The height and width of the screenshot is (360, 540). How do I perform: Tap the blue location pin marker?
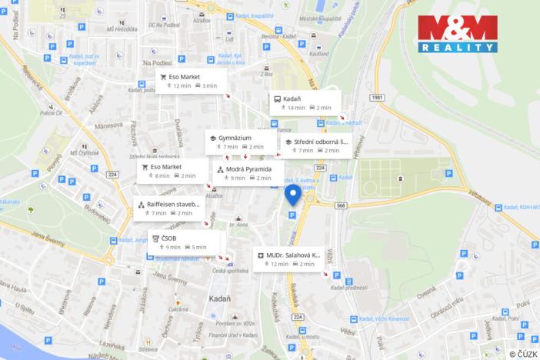coord(293,195)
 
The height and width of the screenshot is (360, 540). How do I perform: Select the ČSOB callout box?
coord(178,242)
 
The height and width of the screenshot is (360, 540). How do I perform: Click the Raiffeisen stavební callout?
coord(166,208)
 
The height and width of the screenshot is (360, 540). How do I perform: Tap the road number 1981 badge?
coord(375,98)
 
